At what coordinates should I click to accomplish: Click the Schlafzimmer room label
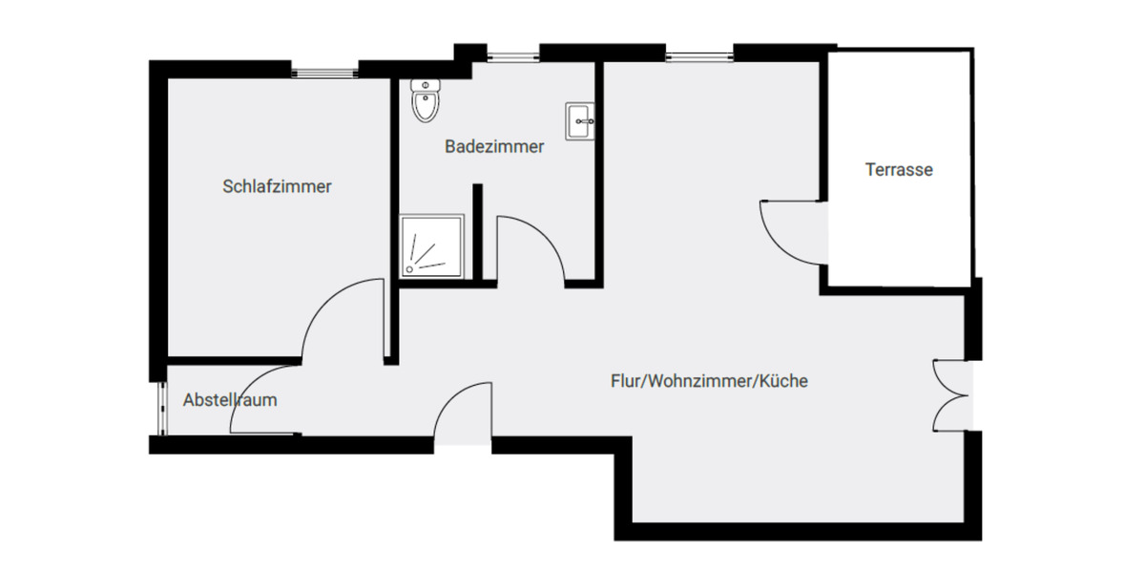(277, 186)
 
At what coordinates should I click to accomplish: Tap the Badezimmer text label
(494, 147)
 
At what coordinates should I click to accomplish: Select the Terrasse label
(899, 171)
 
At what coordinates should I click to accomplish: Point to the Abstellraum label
(230, 400)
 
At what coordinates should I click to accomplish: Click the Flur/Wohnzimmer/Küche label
(709, 381)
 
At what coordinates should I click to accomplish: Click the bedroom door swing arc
(339, 315)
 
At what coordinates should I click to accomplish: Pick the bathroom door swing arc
(534, 246)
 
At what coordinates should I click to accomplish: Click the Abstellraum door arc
(262, 399)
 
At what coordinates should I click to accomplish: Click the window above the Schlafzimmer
(325, 70)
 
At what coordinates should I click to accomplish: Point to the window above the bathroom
(511, 54)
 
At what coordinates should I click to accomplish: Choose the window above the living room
(699, 54)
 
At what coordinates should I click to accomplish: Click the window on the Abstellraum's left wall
(158, 409)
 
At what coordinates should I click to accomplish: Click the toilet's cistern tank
(426, 85)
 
